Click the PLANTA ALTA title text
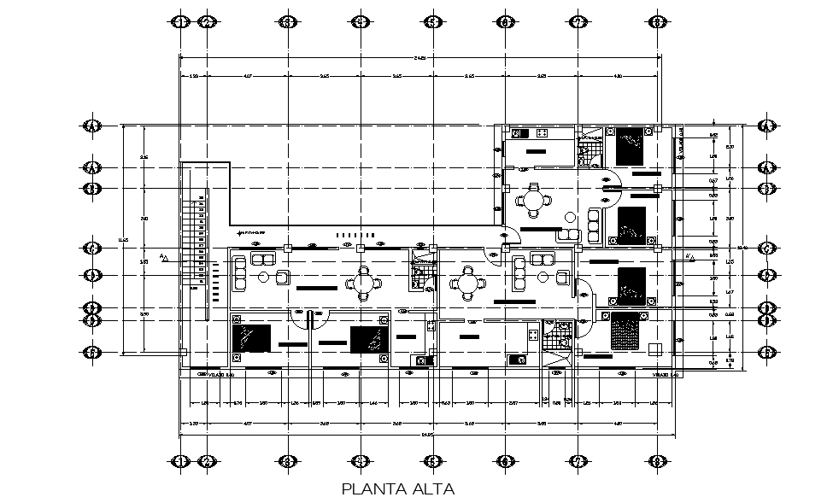pyautogui.click(x=397, y=489)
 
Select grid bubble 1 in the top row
pyautogui.click(x=179, y=22)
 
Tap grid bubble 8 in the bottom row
pyautogui.click(x=656, y=461)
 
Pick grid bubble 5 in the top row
pyautogui.click(x=432, y=22)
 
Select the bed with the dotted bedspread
pyautogui.click(x=625, y=330)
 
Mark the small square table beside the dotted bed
pyautogui.click(x=654, y=348)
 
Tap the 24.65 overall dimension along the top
pyautogui.click(x=419, y=57)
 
